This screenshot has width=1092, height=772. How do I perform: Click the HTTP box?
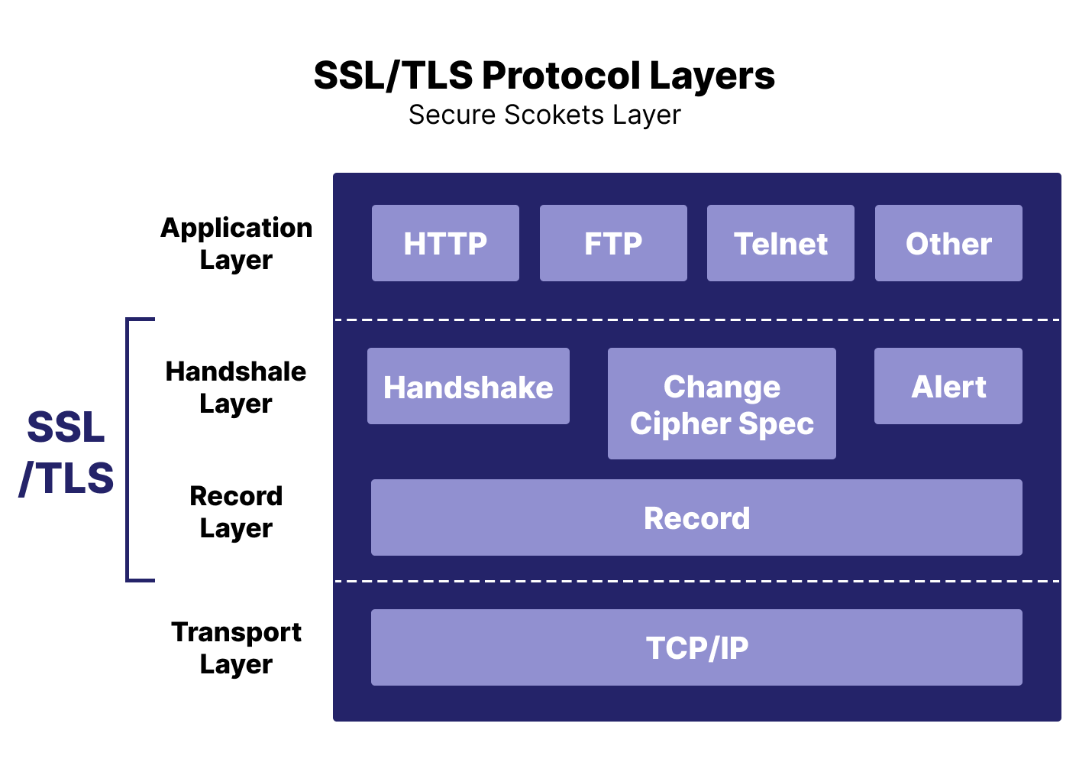pyautogui.click(x=445, y=243)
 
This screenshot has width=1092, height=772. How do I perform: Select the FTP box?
pyautogui.click(x=613, y=243)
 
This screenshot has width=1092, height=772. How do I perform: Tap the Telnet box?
pyautogui.click(x=780, y=243)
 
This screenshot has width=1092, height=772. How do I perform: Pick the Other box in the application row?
pyautogui.click(x=948, y=243)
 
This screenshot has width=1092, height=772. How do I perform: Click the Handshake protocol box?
pyautogui.click(x=468, y=386)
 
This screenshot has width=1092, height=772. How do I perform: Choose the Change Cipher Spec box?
pyautogui.click(x=722, y=404)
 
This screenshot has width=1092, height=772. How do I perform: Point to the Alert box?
pyautogui.click(x=948, y=386)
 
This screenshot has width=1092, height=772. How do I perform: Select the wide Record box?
pyautogui.click(x=696, y=517)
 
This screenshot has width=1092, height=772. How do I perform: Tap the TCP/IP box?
pyautogui.click(x=696, y=647)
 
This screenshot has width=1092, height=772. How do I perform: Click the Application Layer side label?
pyautogui.click(x=236, y=243)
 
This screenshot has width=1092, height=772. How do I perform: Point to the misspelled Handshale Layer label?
pyautogui.click(x=236, y=387)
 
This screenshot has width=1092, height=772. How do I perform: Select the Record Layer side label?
pyautogui.click(x=236, y=511)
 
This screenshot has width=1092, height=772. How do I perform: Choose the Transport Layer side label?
pyautogui.click(x=236, y=647)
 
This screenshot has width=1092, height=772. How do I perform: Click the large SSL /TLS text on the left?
pyautogui.click(x=66, y=452)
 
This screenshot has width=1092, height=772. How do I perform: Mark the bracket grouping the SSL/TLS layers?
pyautogui.click(x=128, y=449)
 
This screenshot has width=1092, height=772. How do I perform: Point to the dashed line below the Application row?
pyautogui.click(x=696, y=320)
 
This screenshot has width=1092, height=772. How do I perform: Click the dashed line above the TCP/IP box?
pyautogui.click(x=696, y=581)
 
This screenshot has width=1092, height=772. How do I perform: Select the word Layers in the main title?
pyautogui.click(x=712, y=76)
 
